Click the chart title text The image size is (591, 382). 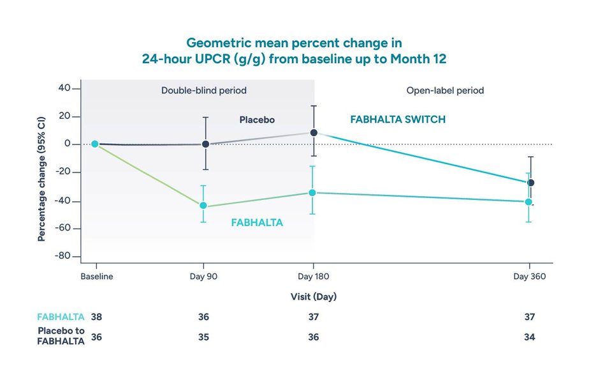tap(295, 50)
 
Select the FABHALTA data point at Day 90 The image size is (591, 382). tap(203, 206)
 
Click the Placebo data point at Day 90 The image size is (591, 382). tap(205, 144)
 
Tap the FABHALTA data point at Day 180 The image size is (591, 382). tap(312, 192)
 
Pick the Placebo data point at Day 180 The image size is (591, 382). tap(313, 133)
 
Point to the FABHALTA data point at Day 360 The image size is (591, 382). tap(529, 202)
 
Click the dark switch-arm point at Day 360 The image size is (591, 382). tap(530, 183)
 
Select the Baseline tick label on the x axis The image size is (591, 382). tap(96, 277)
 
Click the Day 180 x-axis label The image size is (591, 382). tap(312, 277)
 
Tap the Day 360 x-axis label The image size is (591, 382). tap(529, 277)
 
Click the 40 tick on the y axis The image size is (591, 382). tap(64, 88)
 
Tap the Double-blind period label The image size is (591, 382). tap(203, 91)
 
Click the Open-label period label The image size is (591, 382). tap(445, 91)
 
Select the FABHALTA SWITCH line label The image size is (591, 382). tap(398, 119)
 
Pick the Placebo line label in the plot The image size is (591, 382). tap(256, 119)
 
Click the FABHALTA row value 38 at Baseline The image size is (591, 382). tap(96, 317)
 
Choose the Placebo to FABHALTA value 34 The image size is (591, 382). tap(529, 337)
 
